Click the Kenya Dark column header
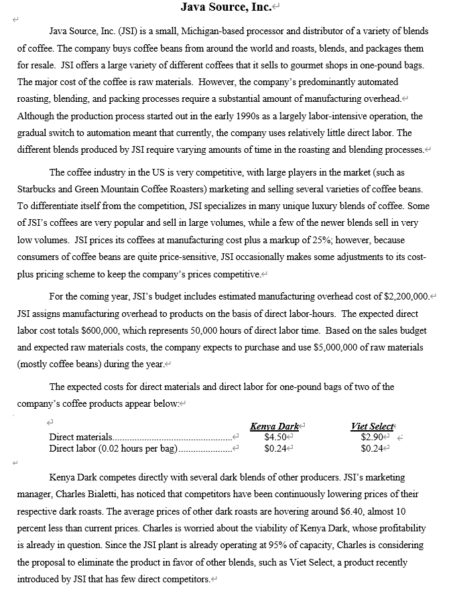[274, 425]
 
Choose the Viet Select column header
[372, 425]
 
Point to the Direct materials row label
[81, 437]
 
